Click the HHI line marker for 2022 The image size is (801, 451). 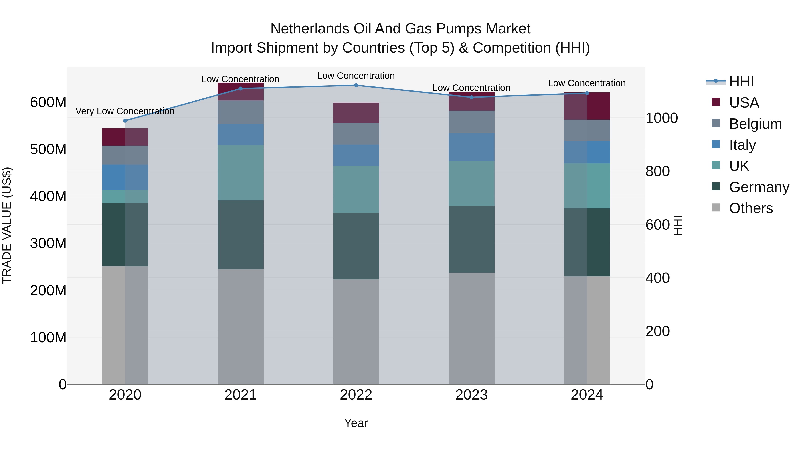coord(356,85)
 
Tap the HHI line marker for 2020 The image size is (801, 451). coord(125,121)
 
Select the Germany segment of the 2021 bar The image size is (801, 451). coord(240,235)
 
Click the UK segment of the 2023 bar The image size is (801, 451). coord(471,183)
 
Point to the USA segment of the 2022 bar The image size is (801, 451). coord(356,113)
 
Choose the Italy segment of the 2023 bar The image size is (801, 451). coord(471,147)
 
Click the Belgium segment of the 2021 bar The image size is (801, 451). coord(240,112)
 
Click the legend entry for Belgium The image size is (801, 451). coord(755,124)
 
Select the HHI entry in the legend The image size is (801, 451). coord(741,82)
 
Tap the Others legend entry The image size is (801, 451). coord(751,208)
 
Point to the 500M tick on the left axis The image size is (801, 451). coord(48,149)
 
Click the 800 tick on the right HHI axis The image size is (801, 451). coord(657,171)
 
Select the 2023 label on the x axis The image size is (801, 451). coord(471,395)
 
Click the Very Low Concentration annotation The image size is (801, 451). coord(125,111)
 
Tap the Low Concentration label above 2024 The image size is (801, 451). coord(587,83)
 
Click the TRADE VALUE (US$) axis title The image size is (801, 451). coord(7,225)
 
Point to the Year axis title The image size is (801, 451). coord(356,423)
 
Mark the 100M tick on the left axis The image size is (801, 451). coord(48,337)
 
